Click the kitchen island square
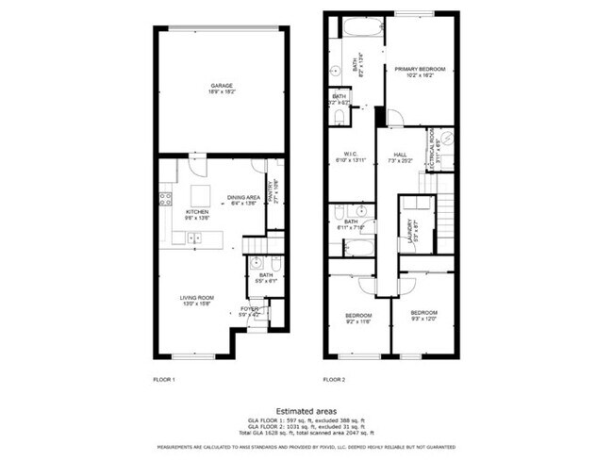(199, 196)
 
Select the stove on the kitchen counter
(164, 198)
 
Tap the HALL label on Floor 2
(397, 157)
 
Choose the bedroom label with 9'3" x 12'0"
(423, 315)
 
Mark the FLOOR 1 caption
(163, 380)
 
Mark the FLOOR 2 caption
(334, 380)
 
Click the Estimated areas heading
(306, 410)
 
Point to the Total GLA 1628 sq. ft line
(306, 430)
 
